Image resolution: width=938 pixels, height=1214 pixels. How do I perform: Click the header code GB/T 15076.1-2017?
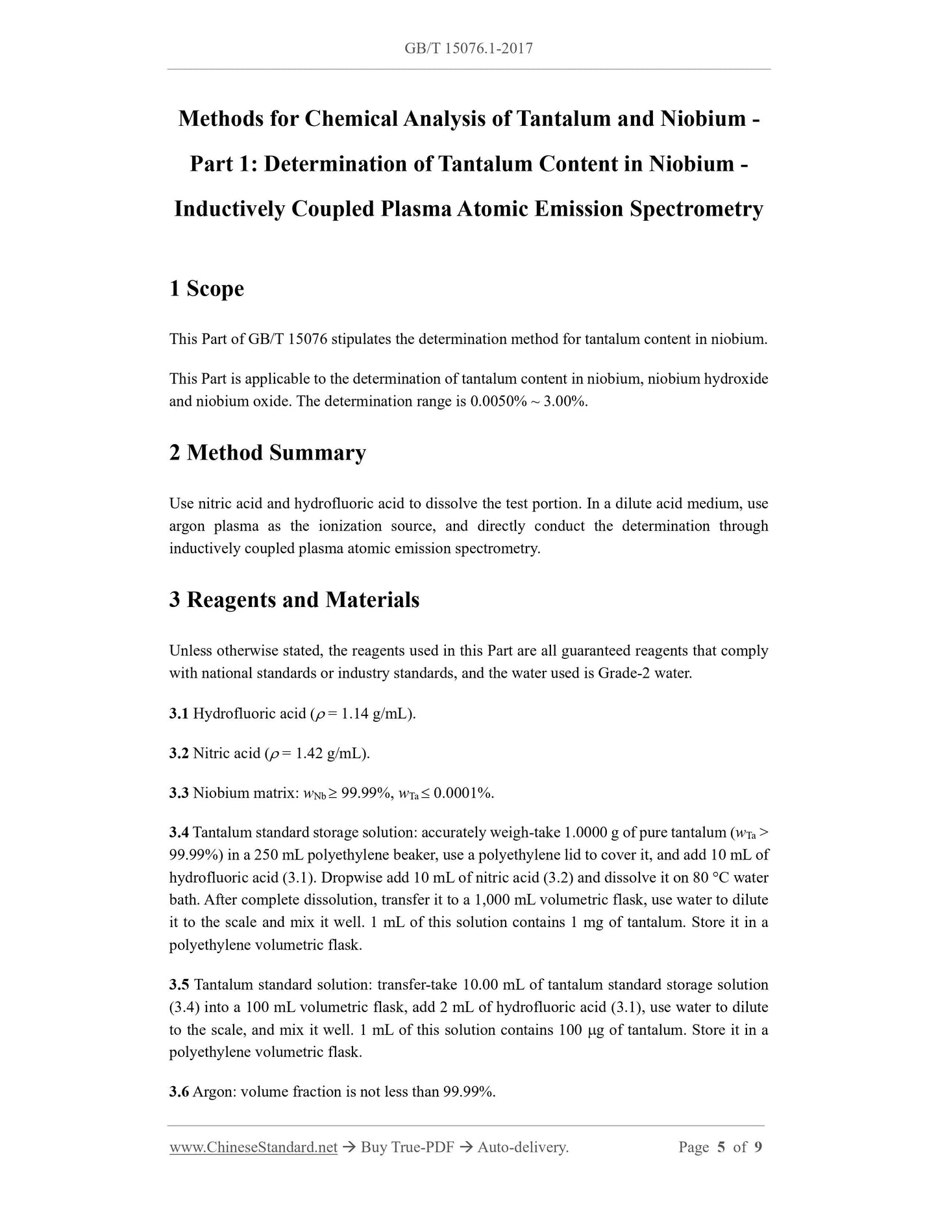468,48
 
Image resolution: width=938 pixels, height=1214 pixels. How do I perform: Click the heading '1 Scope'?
206,288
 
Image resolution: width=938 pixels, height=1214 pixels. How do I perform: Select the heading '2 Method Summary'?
267,452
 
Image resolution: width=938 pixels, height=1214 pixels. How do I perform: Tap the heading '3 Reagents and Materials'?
294,599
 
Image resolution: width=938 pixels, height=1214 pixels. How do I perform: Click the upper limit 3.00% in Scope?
565,401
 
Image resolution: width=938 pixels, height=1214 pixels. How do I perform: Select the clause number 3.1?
179,714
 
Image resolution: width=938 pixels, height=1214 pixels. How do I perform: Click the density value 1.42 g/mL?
331,754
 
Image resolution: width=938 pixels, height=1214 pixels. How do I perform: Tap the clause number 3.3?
179,793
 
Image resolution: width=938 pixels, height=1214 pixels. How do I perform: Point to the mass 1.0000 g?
591,833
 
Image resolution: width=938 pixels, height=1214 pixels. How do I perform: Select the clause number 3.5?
179,985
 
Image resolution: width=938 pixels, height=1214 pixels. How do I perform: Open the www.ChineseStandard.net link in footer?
253,1148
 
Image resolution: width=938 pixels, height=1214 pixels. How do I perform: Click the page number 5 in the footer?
721,1148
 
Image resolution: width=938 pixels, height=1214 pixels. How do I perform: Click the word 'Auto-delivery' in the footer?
522,1148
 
